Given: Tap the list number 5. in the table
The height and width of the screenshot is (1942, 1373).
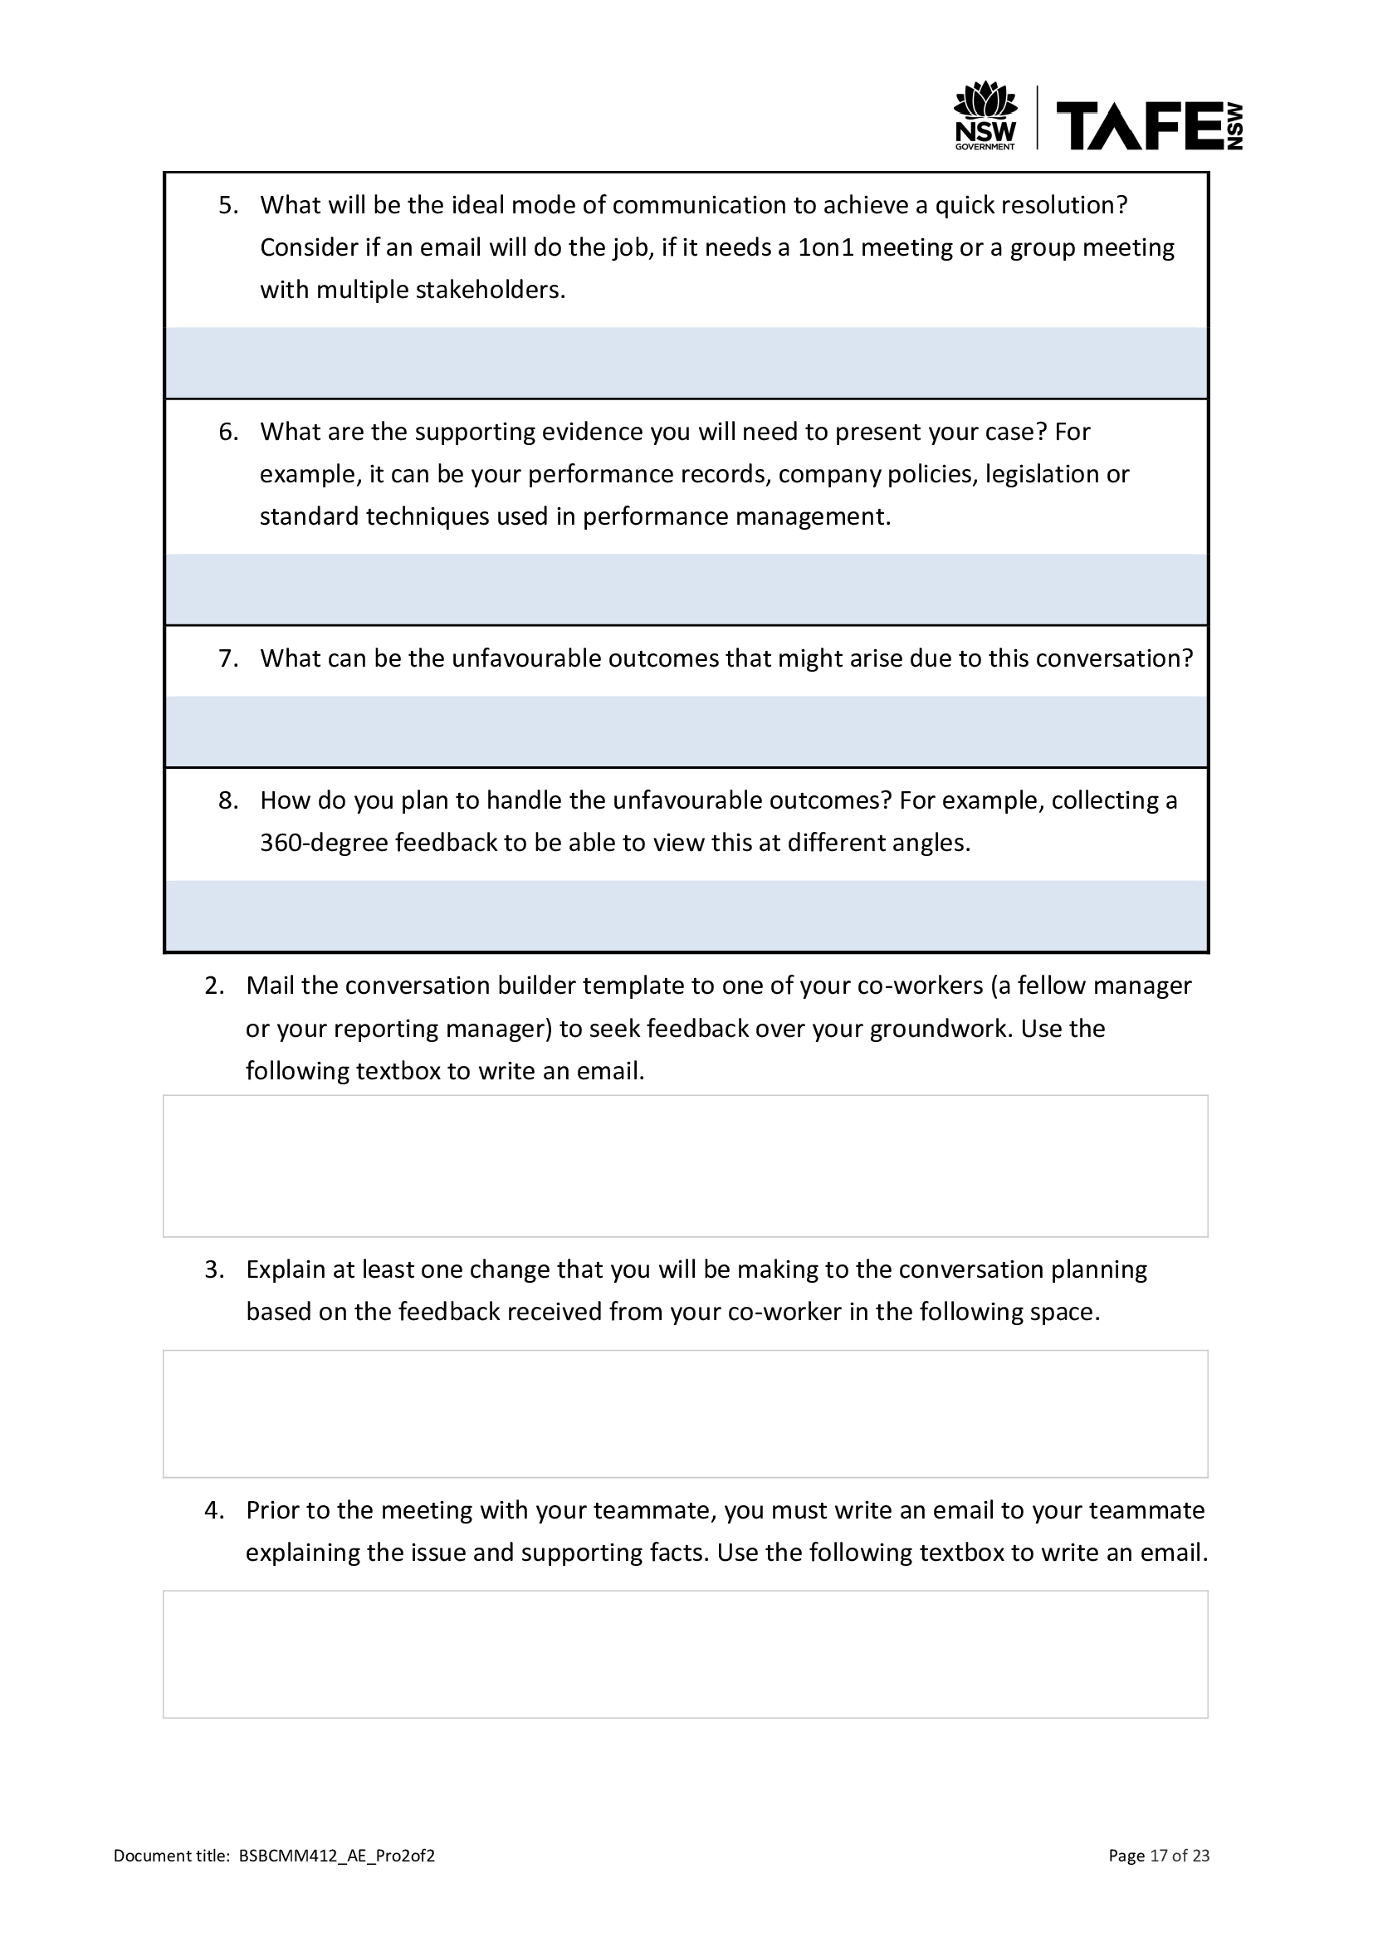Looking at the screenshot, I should click(x=228, y=206).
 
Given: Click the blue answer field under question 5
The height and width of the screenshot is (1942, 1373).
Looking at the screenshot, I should click(x=686, y=363).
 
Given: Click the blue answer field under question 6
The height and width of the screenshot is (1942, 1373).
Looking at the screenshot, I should click(x=686, y=589).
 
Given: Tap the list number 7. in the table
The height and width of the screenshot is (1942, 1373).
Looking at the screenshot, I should click(x=228, y=659).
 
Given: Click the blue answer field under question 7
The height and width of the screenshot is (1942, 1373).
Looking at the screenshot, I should click(x=686, y=731).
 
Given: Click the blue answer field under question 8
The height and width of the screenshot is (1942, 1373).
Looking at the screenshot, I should click(x=686, y=916).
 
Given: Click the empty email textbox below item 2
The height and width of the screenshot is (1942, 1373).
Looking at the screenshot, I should click(x=686, y=1167).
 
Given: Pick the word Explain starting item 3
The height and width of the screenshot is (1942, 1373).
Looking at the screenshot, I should click(x=285, y=1269).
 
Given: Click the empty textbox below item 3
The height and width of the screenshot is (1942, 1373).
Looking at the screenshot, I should click(x=686, y=1414).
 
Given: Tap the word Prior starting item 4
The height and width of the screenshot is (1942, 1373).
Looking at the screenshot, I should click(x=272, y=1510).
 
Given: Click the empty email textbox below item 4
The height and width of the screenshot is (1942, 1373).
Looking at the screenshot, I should click(x=686, y=1655).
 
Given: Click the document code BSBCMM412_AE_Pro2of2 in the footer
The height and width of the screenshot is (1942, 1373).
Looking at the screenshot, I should click(x=336, y=1856).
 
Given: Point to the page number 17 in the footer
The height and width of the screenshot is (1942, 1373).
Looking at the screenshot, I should click(x=1158, y=1856).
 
